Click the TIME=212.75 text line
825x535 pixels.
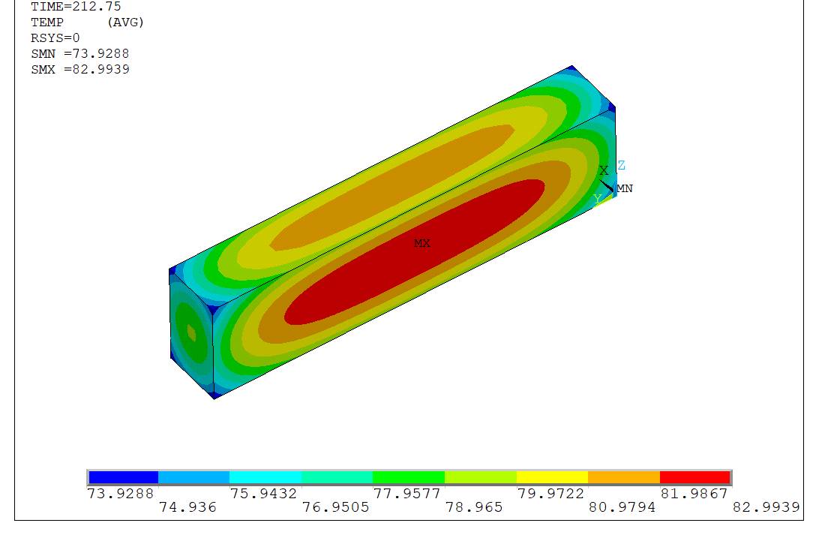[76, 7]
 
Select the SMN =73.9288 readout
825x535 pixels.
[80, 54]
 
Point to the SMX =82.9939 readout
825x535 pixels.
[80, 70]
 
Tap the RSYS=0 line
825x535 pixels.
[55, 38]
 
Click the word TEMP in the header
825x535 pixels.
[46, 22]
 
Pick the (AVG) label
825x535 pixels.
[125, 22]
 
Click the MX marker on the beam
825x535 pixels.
[422, 243]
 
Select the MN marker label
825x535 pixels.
[625, 188]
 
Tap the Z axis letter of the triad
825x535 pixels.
[622, 165]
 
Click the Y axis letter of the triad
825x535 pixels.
[597, 199]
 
